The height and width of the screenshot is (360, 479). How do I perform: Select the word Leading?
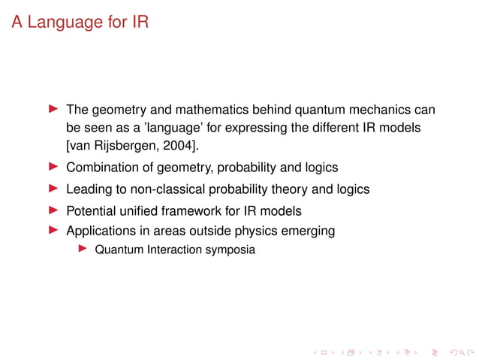click(x=89, y=189)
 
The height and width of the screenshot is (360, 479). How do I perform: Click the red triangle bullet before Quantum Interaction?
click(x=83, y=249)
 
